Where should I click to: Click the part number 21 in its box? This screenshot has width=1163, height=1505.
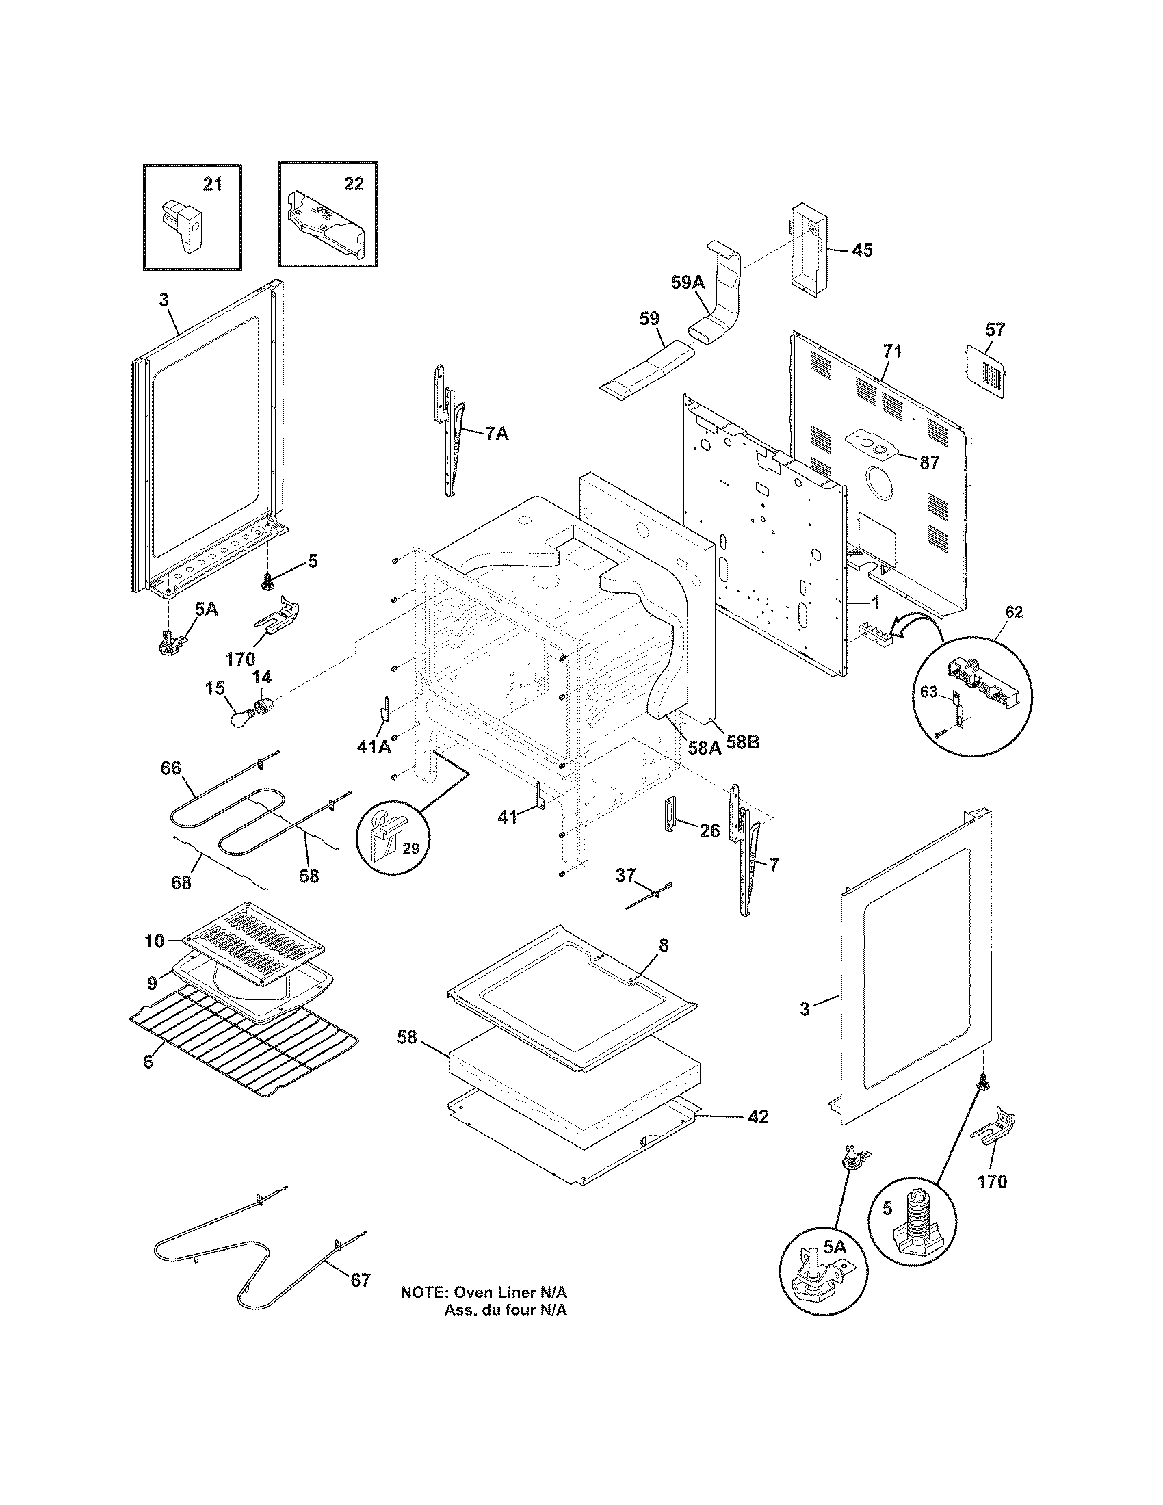(x=212, y=184)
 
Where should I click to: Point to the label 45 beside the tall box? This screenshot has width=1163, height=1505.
(x=862, y=250)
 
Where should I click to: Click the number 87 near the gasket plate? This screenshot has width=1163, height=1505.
(x=930, y=462)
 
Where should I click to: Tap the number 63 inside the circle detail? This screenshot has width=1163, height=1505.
(x=930, y=692)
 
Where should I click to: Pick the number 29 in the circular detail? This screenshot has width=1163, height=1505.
(x=410, y=848)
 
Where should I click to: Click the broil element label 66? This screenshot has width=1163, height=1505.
(x=171, y=768)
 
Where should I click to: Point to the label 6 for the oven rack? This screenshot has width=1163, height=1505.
(x=148, y=1062)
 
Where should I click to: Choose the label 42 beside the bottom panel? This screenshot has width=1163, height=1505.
(x=758, y=1117)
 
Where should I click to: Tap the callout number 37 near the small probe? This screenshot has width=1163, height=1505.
(x=625, y=875)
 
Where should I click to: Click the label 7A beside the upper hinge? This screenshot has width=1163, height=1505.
(x=497, y=434)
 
